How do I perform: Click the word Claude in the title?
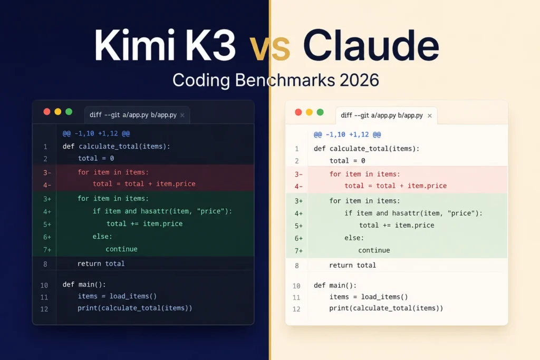click(371, 45)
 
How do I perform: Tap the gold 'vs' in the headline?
click(269, 48)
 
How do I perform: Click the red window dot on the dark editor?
click(47, 112)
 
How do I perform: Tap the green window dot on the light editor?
click(320, 112)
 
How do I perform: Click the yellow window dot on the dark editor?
click(58, 112)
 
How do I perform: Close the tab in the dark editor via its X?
click(182, 115)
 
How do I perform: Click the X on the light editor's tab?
click(430, 115)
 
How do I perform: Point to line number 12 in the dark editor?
click(44, 309)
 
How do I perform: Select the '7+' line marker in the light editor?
click(298, 251)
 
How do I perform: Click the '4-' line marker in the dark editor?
click(47, 185)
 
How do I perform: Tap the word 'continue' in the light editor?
click(374, 250)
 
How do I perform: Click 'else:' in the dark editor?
click(102, 237)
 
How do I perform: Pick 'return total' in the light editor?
click(353, 265)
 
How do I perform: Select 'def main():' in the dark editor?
click(84, 285)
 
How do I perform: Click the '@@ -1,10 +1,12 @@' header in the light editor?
click(348, 134)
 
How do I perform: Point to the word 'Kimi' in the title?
click(136, 45)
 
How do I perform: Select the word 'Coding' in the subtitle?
click(201, 81)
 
